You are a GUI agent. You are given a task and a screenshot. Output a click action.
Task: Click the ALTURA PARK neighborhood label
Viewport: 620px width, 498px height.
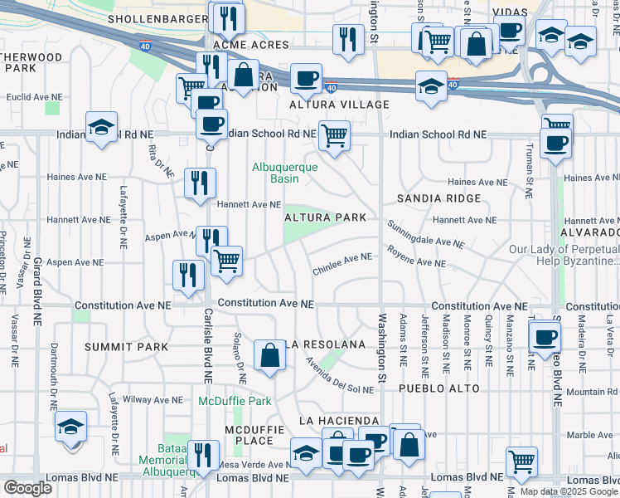(325, 217)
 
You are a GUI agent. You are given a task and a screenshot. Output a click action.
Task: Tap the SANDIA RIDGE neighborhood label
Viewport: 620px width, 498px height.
(438, 198)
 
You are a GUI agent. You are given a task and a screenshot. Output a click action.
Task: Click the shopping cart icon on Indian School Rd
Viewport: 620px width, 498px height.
(334, 134)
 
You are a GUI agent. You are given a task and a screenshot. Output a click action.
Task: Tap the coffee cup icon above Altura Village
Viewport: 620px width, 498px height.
(306, 78)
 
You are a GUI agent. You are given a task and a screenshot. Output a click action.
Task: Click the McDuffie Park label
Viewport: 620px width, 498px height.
(235, 401)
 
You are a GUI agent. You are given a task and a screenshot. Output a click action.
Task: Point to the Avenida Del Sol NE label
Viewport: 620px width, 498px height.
(339, 374)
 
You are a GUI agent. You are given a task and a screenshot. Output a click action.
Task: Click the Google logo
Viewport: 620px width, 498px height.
(27, 488)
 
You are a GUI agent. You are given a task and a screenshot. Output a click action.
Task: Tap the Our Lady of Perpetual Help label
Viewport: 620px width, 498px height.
(564, 254)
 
